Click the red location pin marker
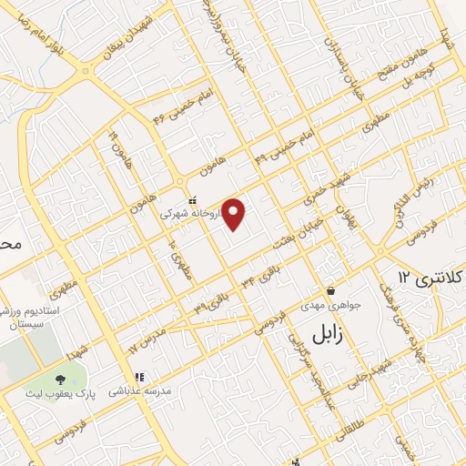235,215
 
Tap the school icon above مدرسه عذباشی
139,377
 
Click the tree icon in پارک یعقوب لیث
61,378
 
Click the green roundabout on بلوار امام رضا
85,70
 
